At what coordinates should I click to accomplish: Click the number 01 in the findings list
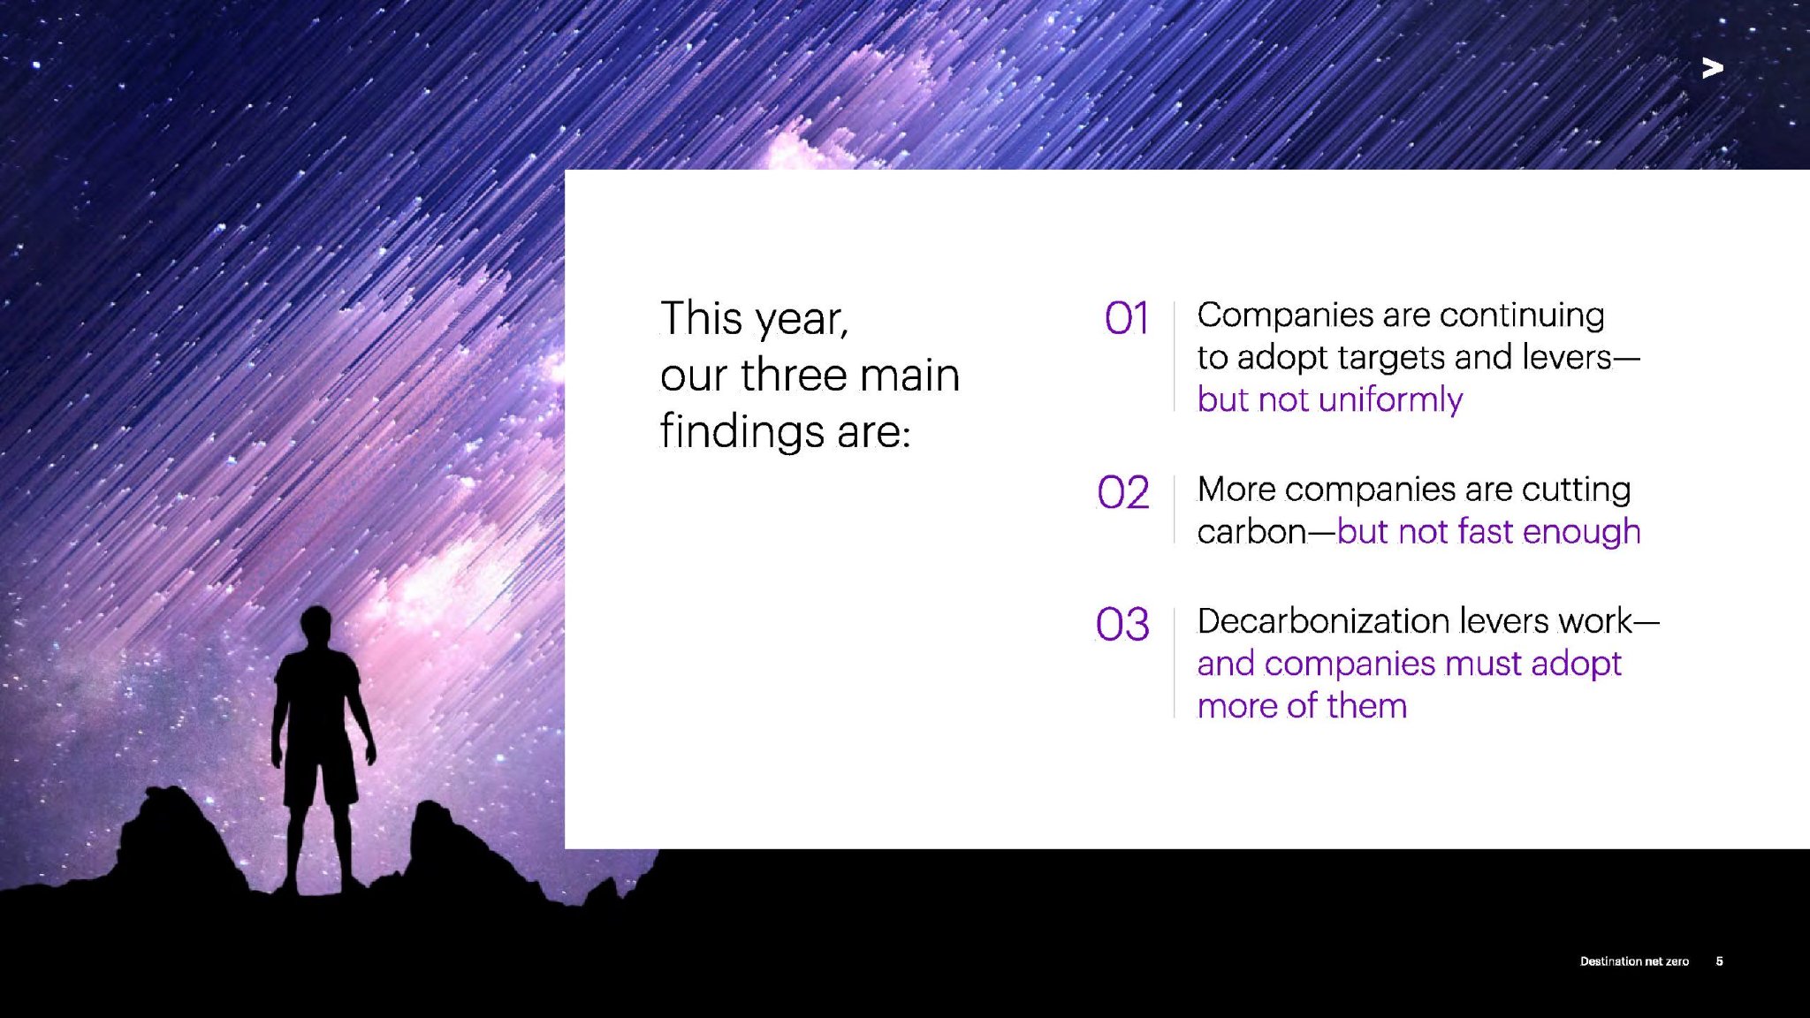click(x=1127, y=318)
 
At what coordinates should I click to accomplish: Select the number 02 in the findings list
click(x=1123, y=492)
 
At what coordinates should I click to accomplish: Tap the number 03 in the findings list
click(x=1122, y=624)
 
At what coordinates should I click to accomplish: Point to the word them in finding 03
click(x=1366, y=706)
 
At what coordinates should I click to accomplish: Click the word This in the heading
click(x=701, y=318)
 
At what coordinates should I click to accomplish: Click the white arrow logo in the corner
click(x=1712, y=68)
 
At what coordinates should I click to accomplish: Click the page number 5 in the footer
click(x=1719, y=961)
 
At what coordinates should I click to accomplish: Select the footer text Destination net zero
click(x=1634, y=961)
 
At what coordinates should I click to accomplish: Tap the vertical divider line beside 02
click(x=1174, y=510)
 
